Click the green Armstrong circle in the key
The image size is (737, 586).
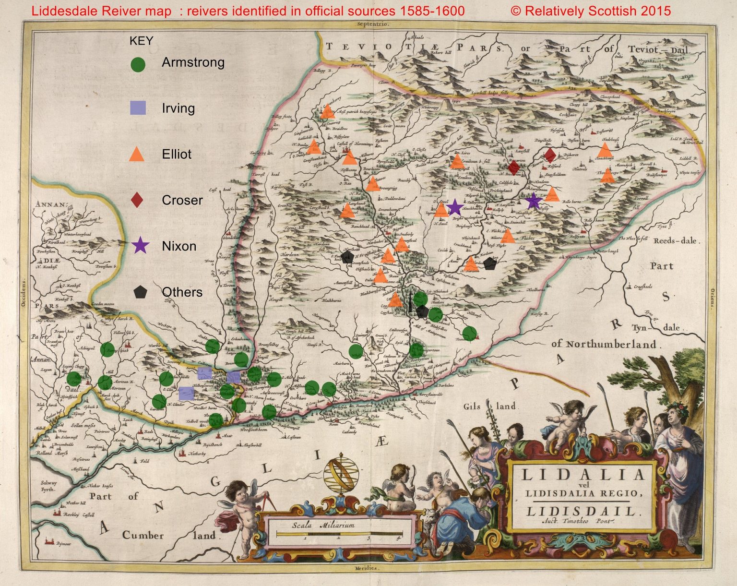138,64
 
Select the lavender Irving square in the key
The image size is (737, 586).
138,108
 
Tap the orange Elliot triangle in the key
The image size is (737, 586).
137,154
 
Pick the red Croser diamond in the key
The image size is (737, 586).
137,200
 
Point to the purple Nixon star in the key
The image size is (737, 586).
140,246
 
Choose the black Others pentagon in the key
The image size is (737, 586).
140,292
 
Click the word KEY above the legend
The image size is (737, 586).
141,41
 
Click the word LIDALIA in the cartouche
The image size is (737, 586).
583,475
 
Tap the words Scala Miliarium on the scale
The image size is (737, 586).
323,525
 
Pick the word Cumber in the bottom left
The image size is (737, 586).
143,535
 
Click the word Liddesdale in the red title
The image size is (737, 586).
62,11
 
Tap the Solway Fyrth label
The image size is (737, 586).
48,486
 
